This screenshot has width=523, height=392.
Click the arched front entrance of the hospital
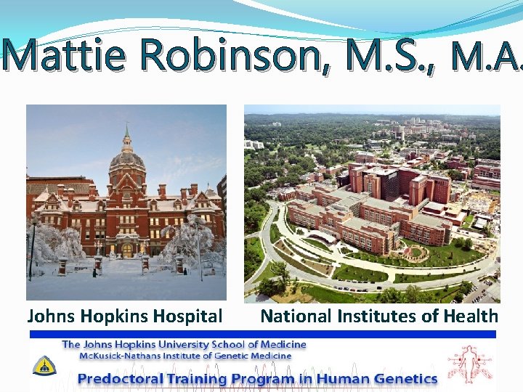coord(126,250)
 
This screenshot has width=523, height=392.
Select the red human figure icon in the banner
coord(469,364)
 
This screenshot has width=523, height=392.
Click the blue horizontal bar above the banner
coord(261,334)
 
